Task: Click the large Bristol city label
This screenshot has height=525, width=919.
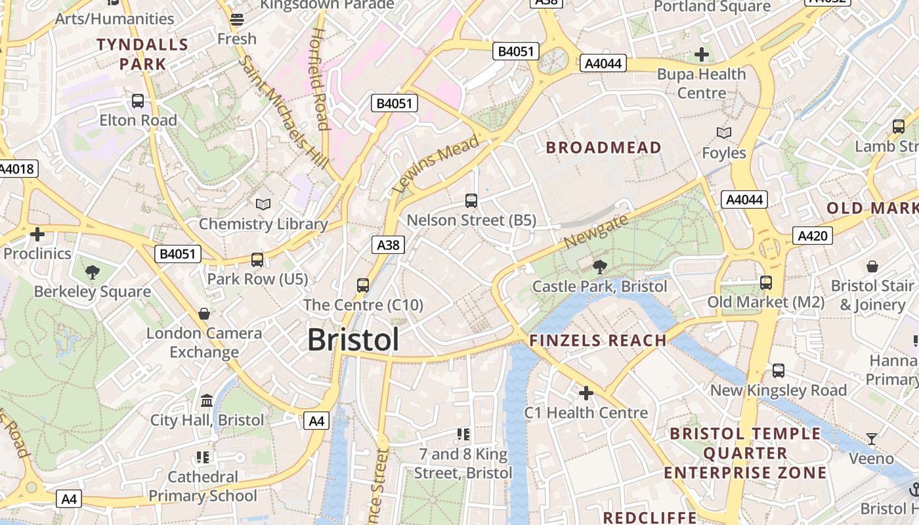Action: pyautogui.click(x=353, y=340)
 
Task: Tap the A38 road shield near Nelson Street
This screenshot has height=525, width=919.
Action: pyautogui.click(x=388, y=245)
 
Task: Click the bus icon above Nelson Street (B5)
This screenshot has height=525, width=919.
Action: pyautogui.click(x=471, y=201)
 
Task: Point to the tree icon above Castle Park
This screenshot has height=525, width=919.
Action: pyautogui.click(x=599, y=266)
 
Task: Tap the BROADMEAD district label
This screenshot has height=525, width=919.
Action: pyautogui.click(x=603, y=148)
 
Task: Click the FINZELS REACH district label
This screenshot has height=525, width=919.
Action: pyautogui.click(x=598, y=340)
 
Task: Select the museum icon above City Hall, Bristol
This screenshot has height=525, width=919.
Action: pyautogui.click(x=207, y=400)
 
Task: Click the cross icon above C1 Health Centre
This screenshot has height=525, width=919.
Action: pyautogui.click(x=586, y=393)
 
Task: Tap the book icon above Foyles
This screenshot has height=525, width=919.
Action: pyautogui.click(x=723, y=133)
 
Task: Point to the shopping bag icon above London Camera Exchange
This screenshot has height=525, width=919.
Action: pyautogui.click(x=204, y=314)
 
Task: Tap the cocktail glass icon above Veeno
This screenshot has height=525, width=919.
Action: pyautogui.click(x=871, y=438)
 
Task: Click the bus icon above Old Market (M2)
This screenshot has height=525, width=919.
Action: pyautogui.click(x=765, y=283)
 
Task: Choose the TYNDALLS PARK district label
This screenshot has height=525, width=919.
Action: pyautogui.click(x=143, y=54)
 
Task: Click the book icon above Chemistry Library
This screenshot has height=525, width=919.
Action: pyautogui.click(x=263, y=205)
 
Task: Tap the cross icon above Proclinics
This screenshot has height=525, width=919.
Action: pyautogui.click(x=37, y=234)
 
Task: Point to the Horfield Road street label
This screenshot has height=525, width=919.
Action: pyautogui.click(x=319, y=79)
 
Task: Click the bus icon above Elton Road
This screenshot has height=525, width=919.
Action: pyautogui.click(x=138, y=101)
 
